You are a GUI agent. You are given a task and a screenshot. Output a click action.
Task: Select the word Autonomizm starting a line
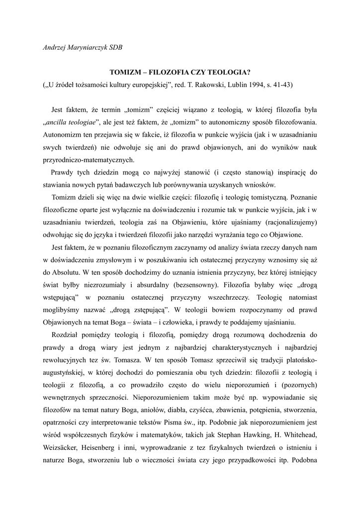pos(63,134)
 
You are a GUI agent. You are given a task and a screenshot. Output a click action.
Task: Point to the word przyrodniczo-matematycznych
pos(88,160)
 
